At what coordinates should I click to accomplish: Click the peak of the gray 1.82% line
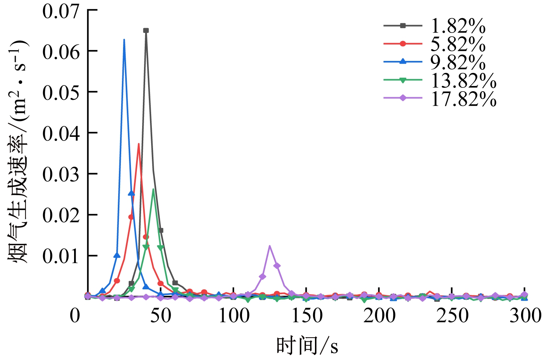146,30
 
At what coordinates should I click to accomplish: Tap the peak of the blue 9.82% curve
124,39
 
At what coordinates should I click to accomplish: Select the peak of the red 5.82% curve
139,144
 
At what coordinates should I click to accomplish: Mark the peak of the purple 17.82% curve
270,246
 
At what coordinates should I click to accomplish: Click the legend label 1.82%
458,26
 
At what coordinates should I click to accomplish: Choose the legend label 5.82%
458,44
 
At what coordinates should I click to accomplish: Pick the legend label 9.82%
458,62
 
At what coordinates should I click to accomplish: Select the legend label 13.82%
463,80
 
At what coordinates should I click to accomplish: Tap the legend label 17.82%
463,98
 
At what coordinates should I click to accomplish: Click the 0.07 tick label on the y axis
61,11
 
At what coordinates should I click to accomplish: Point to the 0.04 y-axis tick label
61,133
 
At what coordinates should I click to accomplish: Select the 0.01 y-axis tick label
61,256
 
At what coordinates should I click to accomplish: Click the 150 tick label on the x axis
306,316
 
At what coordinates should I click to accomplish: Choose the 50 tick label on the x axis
161,316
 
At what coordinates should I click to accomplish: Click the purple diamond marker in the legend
403,98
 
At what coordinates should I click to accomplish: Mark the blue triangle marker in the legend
403,61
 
